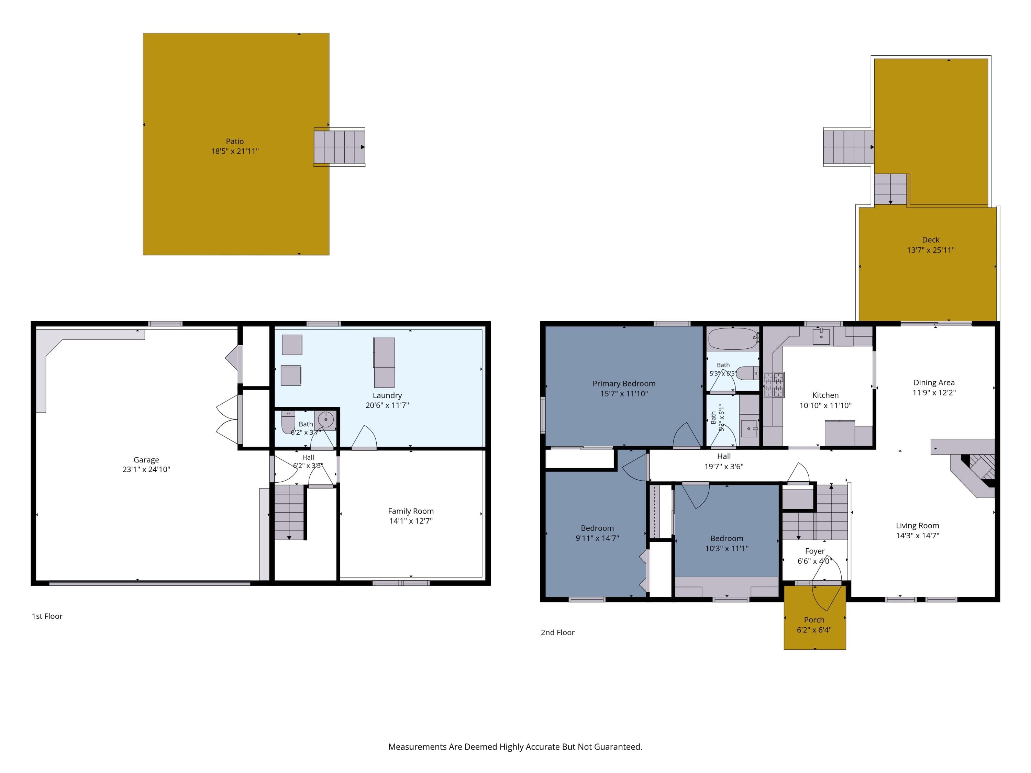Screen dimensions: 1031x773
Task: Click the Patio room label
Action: coord(234,141)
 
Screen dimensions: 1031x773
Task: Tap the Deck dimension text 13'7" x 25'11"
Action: coord(930,250)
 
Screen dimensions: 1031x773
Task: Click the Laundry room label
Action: coord(387,395)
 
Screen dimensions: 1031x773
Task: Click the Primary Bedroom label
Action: coord(624,383)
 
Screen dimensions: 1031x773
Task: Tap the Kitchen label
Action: coord(825,395)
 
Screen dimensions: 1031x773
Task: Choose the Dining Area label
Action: coord(934,382)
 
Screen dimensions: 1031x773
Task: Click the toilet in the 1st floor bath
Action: coord(288,422)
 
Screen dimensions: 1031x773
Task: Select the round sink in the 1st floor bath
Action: coord(325,419)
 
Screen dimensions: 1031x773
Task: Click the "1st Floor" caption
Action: coord(47,616)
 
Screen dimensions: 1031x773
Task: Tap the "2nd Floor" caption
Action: coord(557,632)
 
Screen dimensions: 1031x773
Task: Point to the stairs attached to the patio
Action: coord(339,147)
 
